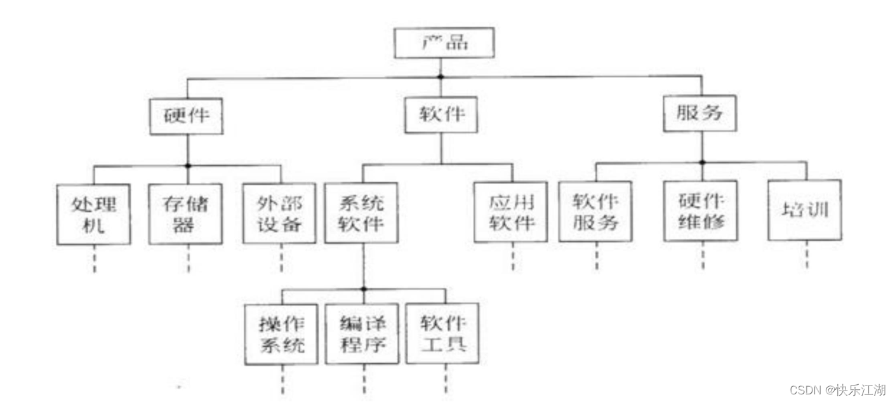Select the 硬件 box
(x=187, y=116)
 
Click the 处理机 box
(x=94, y=215)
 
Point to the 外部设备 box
(x=280, y=214)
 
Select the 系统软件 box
(x=362, y=213)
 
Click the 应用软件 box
(x=511, y=212)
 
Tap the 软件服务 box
(x=595, y=211)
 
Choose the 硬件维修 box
(x=701, y=211)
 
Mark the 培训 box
(x=805, y=210)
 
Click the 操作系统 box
(x=281, y=334)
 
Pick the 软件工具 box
(x=443, y=333)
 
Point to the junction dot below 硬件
(x=188, y=166)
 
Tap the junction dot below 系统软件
(x=364, y=289)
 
